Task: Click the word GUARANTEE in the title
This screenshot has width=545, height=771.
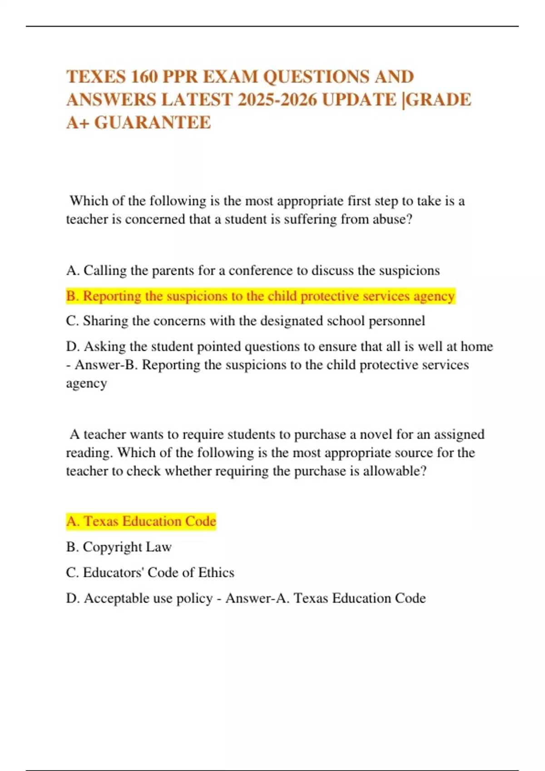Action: coord(153,122)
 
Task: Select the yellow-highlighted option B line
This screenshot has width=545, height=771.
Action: coord(260,296)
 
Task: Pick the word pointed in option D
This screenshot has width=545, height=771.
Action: coord(198,346)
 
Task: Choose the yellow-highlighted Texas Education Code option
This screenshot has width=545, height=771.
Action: coord(141,522)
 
